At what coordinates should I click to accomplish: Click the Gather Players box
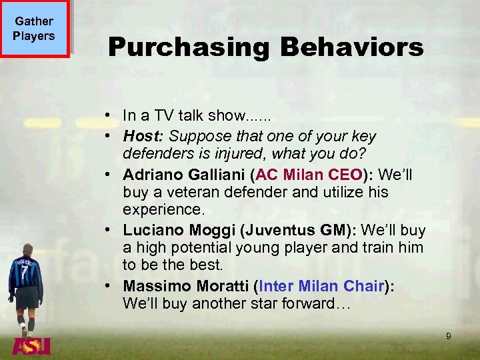(x=35, y=29)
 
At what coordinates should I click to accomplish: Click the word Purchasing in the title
(x=189, y=47)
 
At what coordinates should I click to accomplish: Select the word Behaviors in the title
(x=351, y=47)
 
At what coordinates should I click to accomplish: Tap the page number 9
(x=448, y=337)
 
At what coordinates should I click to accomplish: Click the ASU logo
(x=31, y=346)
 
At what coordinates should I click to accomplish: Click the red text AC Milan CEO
(x=311, y=175)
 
